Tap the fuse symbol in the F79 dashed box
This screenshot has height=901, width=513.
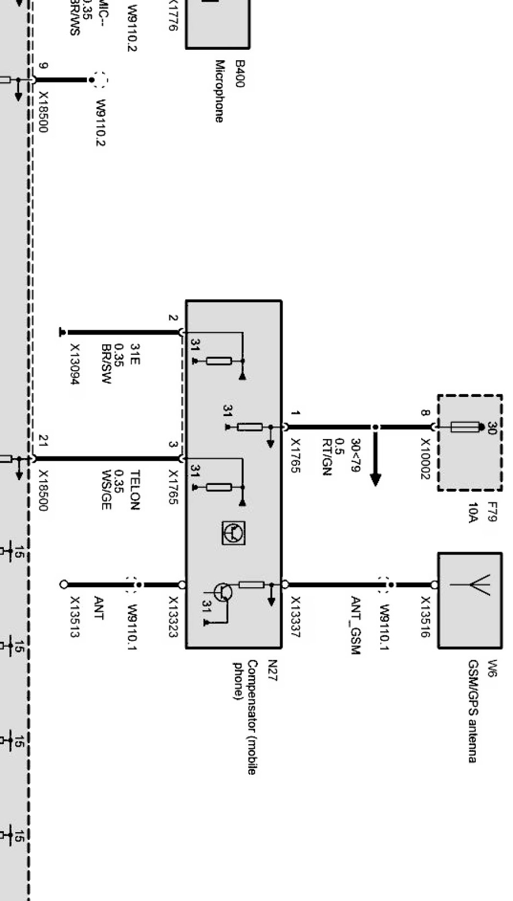tap(465, 426)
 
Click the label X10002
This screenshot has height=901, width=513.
tap(426, 459)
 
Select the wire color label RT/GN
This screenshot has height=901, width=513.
tap(327, 457)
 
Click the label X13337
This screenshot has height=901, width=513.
tap(295, 616)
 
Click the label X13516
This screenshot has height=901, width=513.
tap(426, 616)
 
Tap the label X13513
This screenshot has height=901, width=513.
tap(75, 616)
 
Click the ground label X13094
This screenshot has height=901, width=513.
tap(75, 364)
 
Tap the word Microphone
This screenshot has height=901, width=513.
tap(220, 91)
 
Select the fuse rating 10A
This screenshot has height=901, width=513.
tap(473, 512)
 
